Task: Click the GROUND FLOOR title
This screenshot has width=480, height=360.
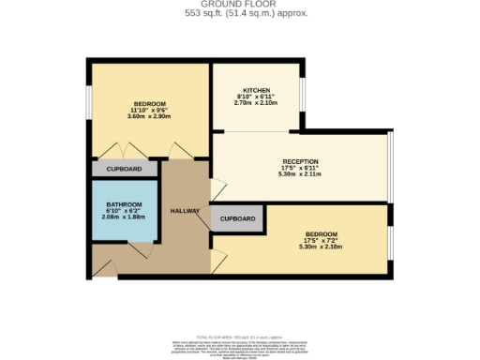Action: click(239, 5)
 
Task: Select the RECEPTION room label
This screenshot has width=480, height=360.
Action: click(300, 161)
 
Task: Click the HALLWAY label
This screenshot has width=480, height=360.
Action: click(185, 211)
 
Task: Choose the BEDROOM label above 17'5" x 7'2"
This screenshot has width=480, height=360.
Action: click(321, 233)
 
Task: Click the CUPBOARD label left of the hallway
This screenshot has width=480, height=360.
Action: click(124, 169)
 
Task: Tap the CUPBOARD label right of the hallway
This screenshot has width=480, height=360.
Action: click(238, 218)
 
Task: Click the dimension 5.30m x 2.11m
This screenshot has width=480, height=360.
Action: click(300, 174)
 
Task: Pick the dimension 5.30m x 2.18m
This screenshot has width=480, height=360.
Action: click(321, 247)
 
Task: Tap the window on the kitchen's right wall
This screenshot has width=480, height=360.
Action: click(302, 90)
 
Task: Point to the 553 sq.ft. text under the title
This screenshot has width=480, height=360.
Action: click(239, 13)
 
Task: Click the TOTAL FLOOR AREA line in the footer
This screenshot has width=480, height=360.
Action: click(239, 336)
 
